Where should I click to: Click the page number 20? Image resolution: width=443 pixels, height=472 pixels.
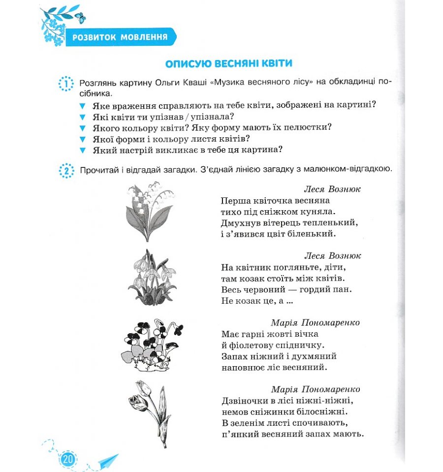point(67,459)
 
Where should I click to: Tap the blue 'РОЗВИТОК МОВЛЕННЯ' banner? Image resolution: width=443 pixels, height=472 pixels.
point(119,37)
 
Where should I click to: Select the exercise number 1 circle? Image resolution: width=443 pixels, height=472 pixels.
point(65,84)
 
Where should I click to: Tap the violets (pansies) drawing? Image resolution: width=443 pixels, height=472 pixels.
point(151,343)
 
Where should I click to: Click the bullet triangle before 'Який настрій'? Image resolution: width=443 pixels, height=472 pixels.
point(82,150)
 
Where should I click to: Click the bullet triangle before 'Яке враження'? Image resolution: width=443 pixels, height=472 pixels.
point(82,105)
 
